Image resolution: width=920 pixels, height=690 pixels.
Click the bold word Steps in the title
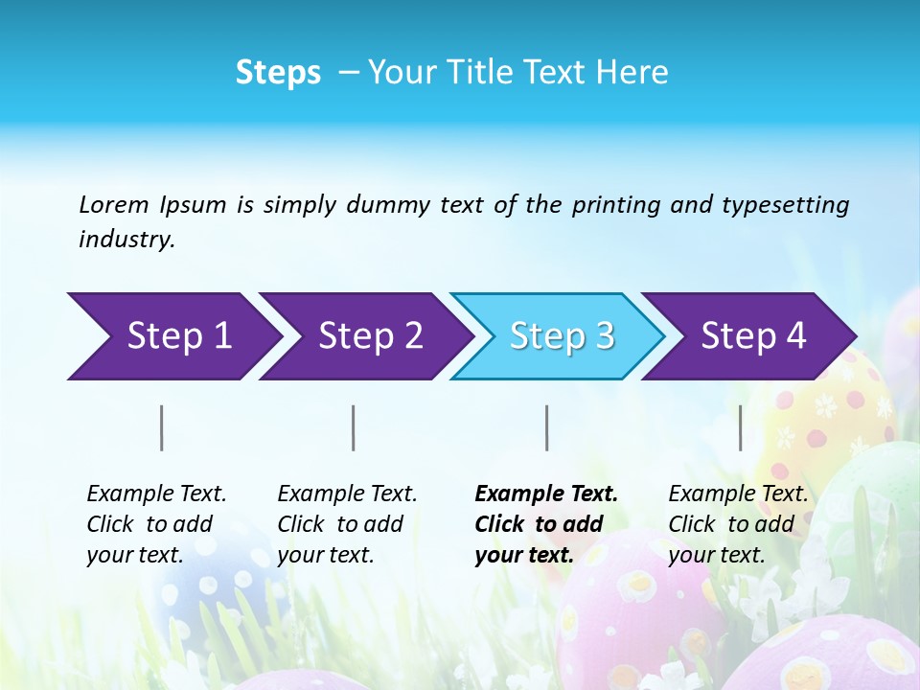[x=278, y=73]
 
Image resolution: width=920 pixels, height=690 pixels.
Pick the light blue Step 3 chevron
[x=562, y=336]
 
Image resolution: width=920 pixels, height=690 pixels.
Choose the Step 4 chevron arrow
[x=753, y=336]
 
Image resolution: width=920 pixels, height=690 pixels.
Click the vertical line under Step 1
[x=162, y=427]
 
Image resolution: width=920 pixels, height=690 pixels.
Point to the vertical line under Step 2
[x=354, y=427]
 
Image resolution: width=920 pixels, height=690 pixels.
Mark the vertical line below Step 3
[x=546, y=427]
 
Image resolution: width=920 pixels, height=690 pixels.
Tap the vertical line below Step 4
[x=740, y=427]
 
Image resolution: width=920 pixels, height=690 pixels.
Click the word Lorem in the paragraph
[x=113, y=204]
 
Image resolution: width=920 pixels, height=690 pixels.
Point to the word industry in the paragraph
[x=126, y=240]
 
